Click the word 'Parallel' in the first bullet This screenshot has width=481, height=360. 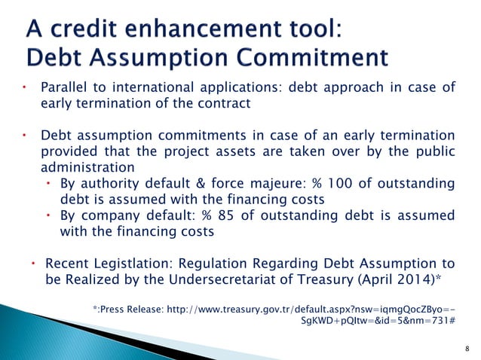click(64, 87)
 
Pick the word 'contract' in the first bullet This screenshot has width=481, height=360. click(223, 103)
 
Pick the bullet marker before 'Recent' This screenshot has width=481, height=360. click(34, 264)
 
